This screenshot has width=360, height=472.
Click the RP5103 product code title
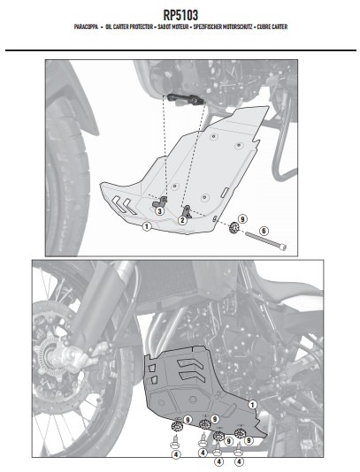point(180,15)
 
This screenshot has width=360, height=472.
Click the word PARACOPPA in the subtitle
point(86,27)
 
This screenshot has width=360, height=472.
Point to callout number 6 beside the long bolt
point(264,231)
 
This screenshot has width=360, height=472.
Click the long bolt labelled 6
point(265,240)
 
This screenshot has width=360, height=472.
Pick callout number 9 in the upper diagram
point(242,219)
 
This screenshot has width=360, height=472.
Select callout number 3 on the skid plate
point(159,211)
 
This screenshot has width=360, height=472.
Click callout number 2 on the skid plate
point(182,220)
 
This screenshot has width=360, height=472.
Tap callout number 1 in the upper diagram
point(147,226)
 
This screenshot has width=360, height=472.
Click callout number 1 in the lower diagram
point(252,405)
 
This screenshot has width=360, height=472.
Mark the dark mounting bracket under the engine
point(185,100)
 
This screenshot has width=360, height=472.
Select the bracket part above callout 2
point(188,211)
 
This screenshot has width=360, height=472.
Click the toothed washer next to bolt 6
point(234,227)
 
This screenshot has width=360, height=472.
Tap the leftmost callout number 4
point(176,455)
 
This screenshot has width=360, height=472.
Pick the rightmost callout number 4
point(239,461)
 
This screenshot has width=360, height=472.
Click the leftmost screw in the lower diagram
point(174,442)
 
